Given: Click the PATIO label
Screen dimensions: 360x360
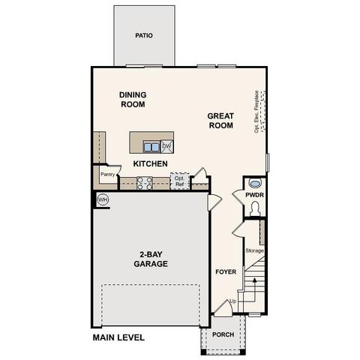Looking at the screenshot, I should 144,35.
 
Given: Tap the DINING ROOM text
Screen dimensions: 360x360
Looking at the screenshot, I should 132,100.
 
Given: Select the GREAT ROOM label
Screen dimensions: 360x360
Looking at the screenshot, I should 221,121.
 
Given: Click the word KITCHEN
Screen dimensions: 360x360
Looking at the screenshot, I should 150,163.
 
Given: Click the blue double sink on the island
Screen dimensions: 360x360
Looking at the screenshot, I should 151,147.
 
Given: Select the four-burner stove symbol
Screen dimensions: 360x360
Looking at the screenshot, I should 144,182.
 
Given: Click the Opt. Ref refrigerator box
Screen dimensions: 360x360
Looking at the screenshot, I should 178,181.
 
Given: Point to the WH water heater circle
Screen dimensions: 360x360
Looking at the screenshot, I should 102,199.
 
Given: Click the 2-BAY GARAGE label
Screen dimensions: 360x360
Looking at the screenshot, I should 150,259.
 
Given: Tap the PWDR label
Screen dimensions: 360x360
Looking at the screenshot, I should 253,195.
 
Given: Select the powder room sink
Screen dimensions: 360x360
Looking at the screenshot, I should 254,183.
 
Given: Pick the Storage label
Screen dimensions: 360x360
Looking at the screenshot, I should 255,250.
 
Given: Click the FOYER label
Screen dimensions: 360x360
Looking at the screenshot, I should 226,271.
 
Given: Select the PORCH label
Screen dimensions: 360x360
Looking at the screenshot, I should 222,334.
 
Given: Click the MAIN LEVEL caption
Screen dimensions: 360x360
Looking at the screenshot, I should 118,338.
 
